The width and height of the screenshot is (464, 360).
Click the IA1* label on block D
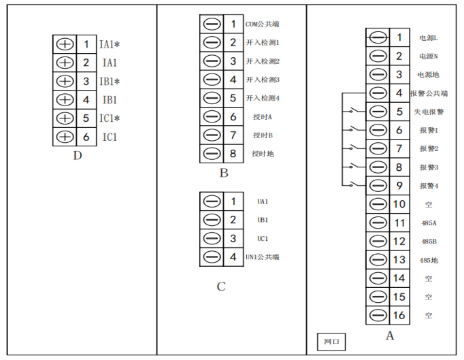(x=110, y=45)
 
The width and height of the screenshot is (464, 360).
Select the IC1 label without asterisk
(x=110, y=137)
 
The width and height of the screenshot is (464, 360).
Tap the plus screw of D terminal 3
(x=65, y=82)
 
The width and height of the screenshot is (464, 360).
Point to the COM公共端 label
(x=263, y=24)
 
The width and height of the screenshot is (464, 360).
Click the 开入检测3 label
(x=263, y=80)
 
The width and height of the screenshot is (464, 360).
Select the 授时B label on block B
(x=263, y=135)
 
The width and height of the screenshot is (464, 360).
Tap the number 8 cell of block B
(x=233, y=153)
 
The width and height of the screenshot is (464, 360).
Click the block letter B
(x=223, y=173)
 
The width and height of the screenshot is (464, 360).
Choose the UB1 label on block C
(x=263, y=220)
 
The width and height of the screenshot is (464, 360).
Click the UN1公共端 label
(x=263, y=257)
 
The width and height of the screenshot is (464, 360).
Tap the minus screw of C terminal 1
(x=212, y=201)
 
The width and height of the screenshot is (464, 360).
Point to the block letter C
(x=221, y=287)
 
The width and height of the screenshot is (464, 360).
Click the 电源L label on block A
(x=428, y=38)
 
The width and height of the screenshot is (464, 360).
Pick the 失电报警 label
(x=429, y=112)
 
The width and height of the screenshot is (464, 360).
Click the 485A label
(x=428, y=223)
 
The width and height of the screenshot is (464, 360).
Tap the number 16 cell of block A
(x=399, y=315)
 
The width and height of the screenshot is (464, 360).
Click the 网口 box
(x=331, y=340)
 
